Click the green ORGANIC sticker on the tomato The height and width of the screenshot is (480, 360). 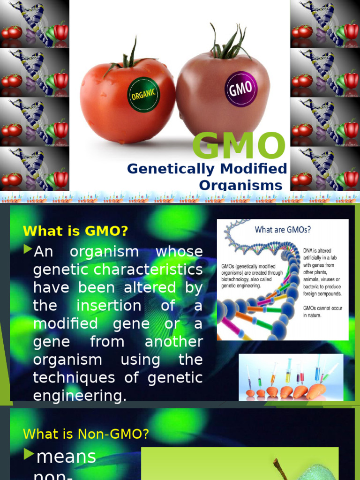tap(143, 95)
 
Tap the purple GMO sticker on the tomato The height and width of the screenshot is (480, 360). tap(241, 87)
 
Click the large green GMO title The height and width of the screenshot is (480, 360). tap(239, 145)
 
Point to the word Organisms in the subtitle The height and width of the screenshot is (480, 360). tap(241, 185)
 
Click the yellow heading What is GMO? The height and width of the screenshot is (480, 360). tap(75, 231)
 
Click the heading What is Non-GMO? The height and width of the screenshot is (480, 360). tap(86, 434)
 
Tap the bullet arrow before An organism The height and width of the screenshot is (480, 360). tap(28, 249)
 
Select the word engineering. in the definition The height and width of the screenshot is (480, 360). tap(80, 396)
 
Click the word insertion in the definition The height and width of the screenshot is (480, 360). tap(109, 306)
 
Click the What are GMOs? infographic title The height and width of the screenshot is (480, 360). tap(283, 230)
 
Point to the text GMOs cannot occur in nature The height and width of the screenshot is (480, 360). tap(322, 312)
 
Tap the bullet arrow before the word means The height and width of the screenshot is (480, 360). tap(29, 454)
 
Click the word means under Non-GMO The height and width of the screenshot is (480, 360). tap(66, 456)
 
